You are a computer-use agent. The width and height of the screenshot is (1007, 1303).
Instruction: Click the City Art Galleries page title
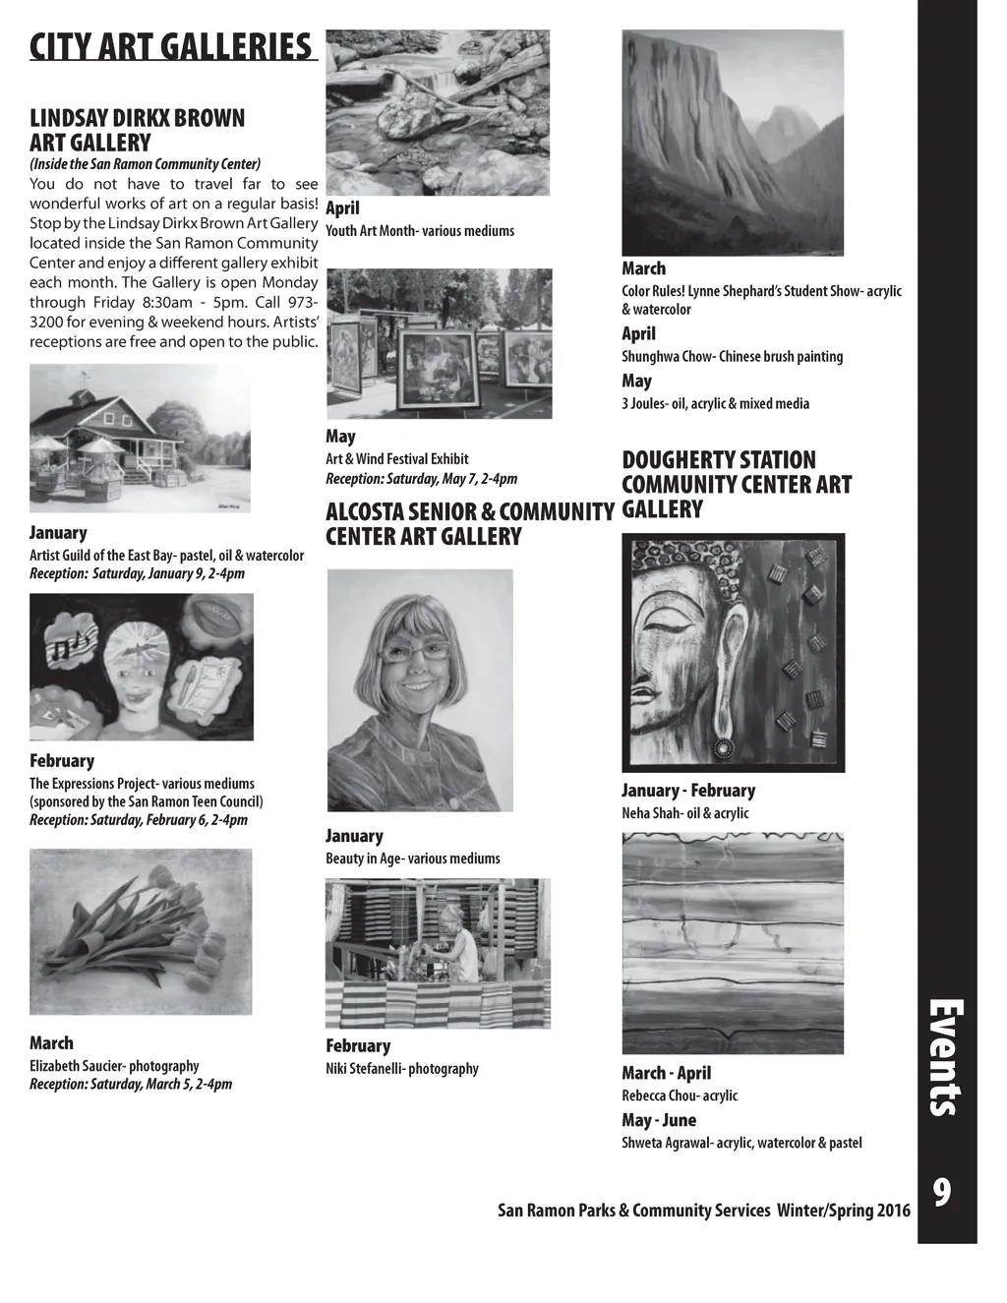(171, 46)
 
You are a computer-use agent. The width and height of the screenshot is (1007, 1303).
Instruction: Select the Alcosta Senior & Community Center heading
(469, 524)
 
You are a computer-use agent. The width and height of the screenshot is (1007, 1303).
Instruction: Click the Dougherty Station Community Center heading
(736, 484)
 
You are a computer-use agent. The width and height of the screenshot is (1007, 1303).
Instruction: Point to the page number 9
(941, 1193)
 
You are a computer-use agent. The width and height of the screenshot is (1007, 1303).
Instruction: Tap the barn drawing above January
(140, 439)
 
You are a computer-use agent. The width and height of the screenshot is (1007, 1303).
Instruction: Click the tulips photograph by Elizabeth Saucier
(141, 932)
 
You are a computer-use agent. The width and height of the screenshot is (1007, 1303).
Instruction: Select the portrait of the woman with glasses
(420, 690)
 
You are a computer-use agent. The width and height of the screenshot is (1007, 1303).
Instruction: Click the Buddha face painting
(733, 653)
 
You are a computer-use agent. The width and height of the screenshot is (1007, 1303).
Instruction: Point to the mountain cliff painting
(733, 143)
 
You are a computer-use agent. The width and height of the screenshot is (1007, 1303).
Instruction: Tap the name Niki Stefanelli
(365, 1069)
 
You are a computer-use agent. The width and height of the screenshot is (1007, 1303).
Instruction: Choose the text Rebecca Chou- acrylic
(679, 1096)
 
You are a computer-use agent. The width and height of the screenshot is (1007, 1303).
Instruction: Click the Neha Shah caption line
(684, 813)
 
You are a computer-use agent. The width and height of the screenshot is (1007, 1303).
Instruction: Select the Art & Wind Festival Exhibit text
(397, 459)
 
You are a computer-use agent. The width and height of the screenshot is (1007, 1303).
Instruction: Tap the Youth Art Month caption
(420, 231)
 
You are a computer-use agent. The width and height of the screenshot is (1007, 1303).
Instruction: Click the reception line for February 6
(139, 820)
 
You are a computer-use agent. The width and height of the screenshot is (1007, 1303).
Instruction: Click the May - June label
(659, 1120)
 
